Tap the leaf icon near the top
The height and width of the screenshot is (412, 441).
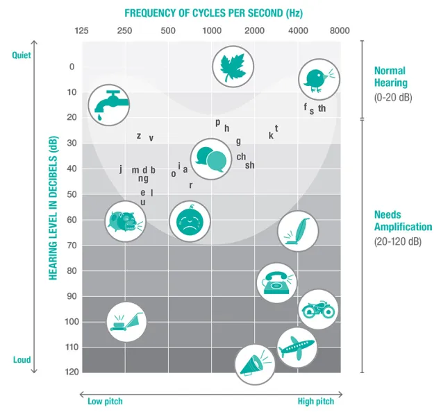pyautogui.click(x=232, y=67)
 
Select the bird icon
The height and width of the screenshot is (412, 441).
pyautogui.click(x=319, y=79)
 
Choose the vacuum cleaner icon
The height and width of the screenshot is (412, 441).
pyautogui.click(x=297, y=230)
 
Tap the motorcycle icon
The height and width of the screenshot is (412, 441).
pyautogui.click(x=319, y=309)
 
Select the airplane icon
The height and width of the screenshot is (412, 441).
pyautogui.click(x=297, y=347)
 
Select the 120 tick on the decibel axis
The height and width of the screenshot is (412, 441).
pyautogui.click(x=71, y=372)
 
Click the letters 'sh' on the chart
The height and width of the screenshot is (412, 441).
pyautogui.click(x=250, y=165)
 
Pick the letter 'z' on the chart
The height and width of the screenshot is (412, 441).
pyautogui.click(x=139, y=136)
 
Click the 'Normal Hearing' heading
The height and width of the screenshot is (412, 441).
pyautogui.click(x=390, y=76)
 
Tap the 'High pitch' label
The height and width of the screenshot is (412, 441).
pyautogui.click(x=316, y=401)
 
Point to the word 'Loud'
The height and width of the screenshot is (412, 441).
pyautogui.click(x=22, y=359)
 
